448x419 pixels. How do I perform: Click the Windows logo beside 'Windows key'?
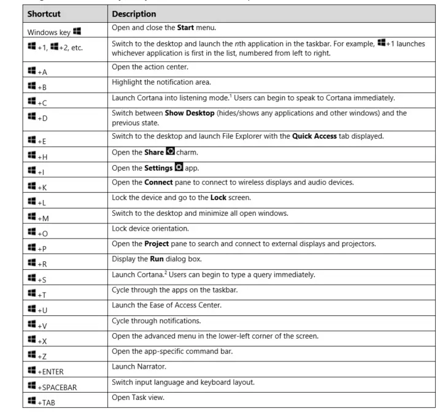(x=77, y=29)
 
